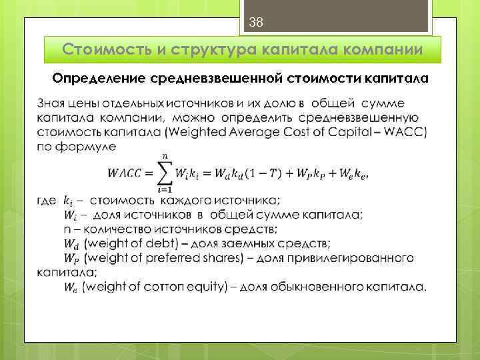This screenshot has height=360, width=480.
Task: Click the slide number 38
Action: click(256, 23)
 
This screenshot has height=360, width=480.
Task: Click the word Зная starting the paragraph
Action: click(51, 103)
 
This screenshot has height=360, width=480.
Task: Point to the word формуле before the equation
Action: click(87, 147)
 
